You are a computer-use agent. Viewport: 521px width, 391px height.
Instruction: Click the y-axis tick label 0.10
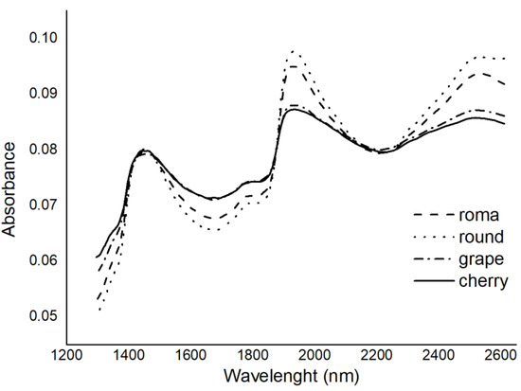point(44,38)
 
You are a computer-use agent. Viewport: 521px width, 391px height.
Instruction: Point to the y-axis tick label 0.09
point(44,93)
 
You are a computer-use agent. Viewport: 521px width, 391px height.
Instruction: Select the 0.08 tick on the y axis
point(44,149)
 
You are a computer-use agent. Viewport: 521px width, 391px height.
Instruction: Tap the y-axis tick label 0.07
point(44,204)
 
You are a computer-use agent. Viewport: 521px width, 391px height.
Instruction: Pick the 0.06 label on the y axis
point(44,259)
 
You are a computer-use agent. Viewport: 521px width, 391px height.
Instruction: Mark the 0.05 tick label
point(44,314)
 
